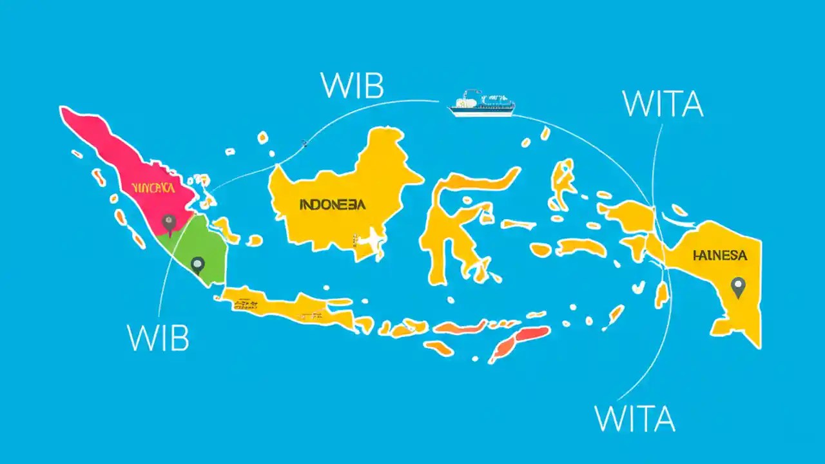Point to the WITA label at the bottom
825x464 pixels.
click(635, 418)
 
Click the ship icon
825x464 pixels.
click(481, 104)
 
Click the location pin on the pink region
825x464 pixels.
click(169, 223)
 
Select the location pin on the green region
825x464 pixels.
click(197, 264)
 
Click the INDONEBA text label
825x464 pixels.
click(332, 205)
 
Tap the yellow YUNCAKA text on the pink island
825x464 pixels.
click(152, 188)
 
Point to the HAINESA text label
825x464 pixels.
click(720, 256)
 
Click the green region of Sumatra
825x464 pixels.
click(193, 248)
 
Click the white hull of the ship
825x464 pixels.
click(481, 111)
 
